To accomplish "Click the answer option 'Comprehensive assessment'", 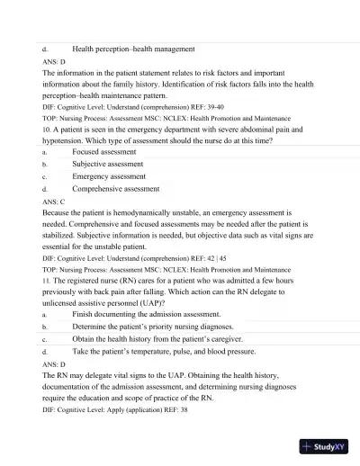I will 121,190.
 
